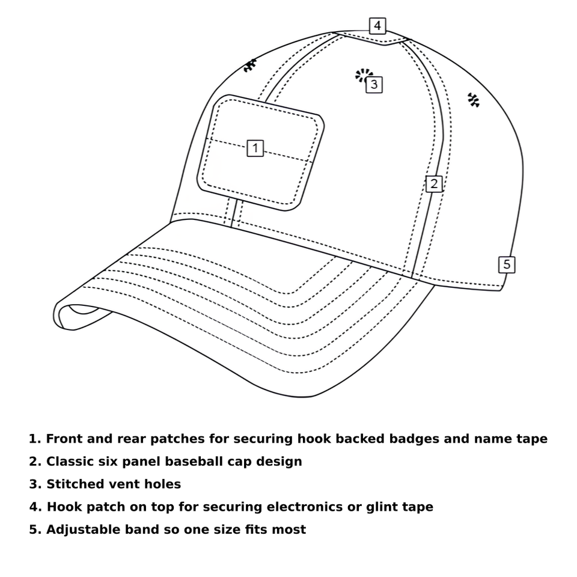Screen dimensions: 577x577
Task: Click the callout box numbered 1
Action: coord(255,148)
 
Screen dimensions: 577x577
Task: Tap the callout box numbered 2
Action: coord(433,184)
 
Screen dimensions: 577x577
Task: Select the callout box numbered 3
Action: coord(374,85)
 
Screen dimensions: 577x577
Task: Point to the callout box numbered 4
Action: coord(377,26)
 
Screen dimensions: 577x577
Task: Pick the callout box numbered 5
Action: coord(507,264)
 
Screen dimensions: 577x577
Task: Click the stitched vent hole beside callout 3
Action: coord(362,75)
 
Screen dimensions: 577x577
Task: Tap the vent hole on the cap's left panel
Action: coord(249,66)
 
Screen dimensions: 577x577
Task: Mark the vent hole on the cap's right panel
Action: coord(474,100)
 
